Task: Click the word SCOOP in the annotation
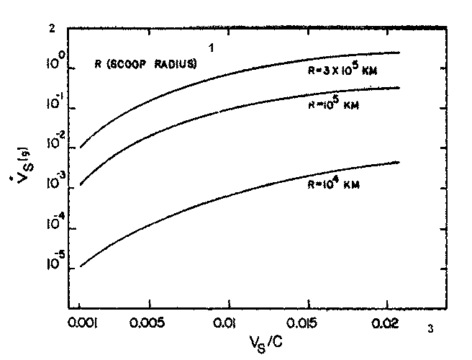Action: point(134,64)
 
